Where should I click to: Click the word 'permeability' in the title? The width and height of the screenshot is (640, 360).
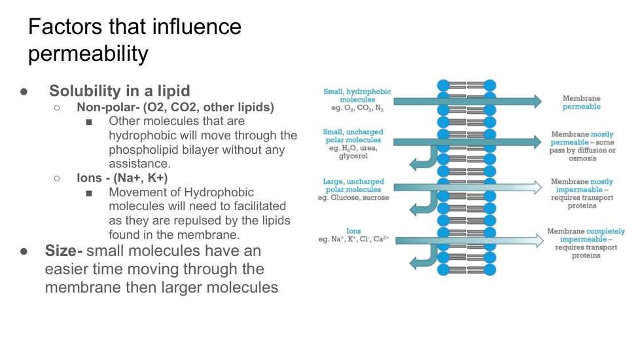pos(88,54)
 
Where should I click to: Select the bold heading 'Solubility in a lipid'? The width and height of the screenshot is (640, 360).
pos(120,91)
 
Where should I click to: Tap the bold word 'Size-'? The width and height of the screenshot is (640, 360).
pos(63,251)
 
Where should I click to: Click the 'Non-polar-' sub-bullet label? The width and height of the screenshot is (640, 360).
pos(105,107)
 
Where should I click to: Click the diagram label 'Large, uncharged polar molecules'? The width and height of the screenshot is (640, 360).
pos(353,185)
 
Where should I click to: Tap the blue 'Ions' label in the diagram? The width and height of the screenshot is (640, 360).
pos(353,230)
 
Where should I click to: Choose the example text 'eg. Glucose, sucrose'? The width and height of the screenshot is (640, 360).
pos(353,198)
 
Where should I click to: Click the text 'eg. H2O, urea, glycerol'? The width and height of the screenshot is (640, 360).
pos(353,152)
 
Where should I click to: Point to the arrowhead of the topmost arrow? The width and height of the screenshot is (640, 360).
pos(536,101)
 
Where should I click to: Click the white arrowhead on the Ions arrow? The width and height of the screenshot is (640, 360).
pos(538,241)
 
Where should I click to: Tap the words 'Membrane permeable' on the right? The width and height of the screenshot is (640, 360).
pos(581,102)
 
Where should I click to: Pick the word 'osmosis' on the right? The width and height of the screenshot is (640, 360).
pos(582,158)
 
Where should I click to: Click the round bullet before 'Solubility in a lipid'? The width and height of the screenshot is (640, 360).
pos(24,92)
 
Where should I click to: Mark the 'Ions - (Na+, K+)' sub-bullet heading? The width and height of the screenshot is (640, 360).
pos(122,177)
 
